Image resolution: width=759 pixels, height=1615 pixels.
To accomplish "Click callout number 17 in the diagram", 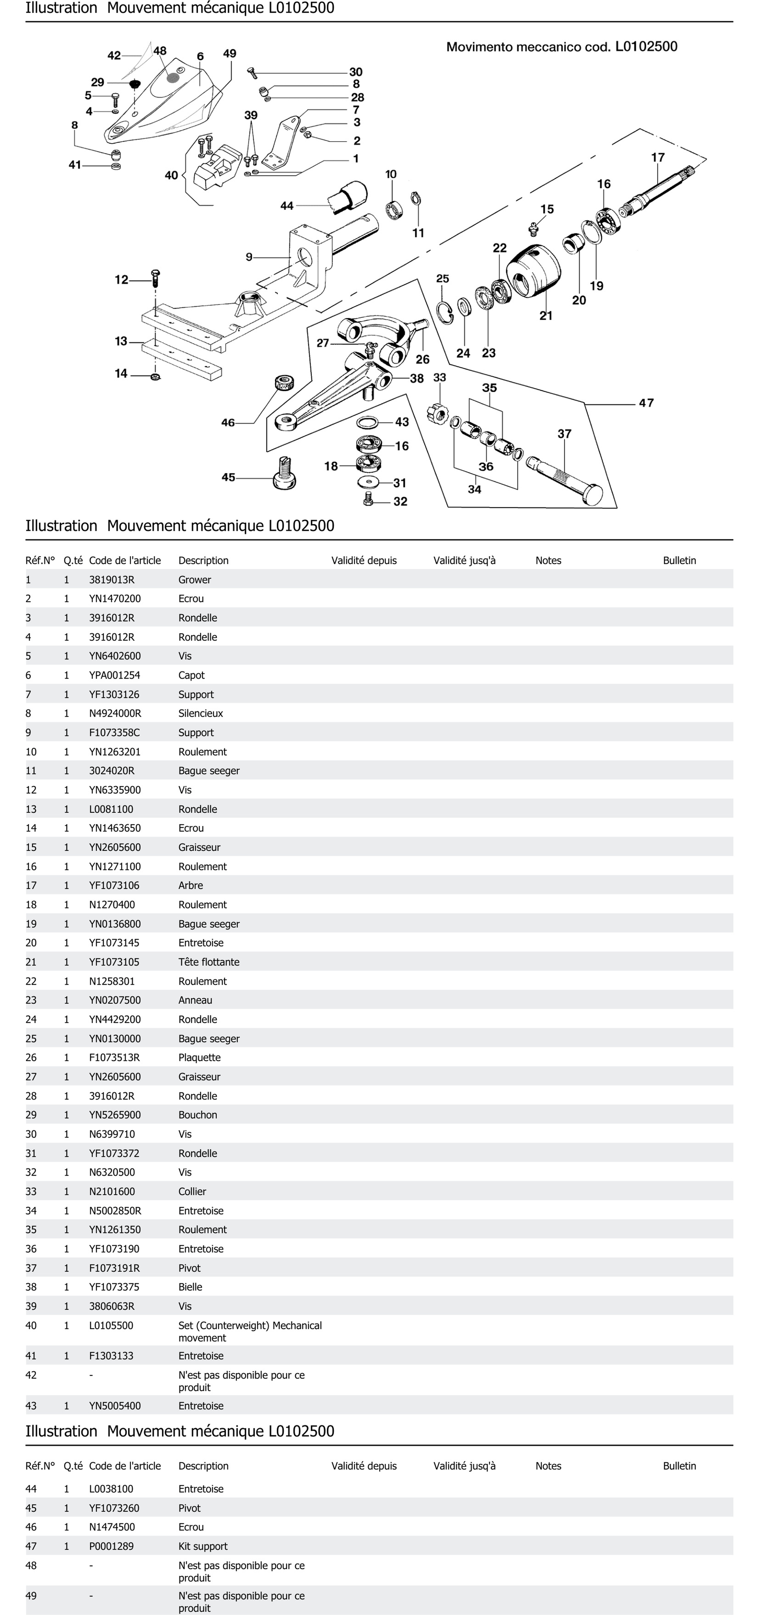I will point(657,157).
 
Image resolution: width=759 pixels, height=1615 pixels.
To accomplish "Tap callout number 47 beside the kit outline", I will point(646,403).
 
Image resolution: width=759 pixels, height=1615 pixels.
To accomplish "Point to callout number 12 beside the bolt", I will point(121,280).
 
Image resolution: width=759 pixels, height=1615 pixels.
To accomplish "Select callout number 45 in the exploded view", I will point(228,477).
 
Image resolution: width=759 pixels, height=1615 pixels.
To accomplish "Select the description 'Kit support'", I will point(203,1546).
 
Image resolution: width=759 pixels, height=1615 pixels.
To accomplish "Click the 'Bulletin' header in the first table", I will point(679,561).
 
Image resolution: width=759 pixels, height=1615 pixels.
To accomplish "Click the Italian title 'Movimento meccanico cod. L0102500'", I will point(561,46).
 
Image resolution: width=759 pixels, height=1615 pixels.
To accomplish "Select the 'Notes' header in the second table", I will point(548,1466).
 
